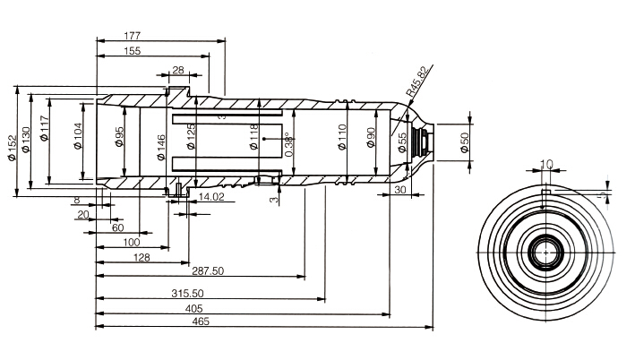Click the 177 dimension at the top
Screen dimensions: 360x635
tap(133, 36)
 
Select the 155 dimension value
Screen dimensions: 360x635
tap(133, 52)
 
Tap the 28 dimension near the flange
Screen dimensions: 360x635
tap(178, 70)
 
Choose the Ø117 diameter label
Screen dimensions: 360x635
tap(45, 134)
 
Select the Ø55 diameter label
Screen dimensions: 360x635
tap(403, 143)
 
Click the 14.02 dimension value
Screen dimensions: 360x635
tap(212, 196)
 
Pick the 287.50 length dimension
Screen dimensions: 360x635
tap(207, 270)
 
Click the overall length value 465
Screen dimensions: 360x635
tap(201, 322)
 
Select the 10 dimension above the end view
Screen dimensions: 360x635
tap(546, 165)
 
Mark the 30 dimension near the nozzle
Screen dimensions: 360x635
tap(399, 190)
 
